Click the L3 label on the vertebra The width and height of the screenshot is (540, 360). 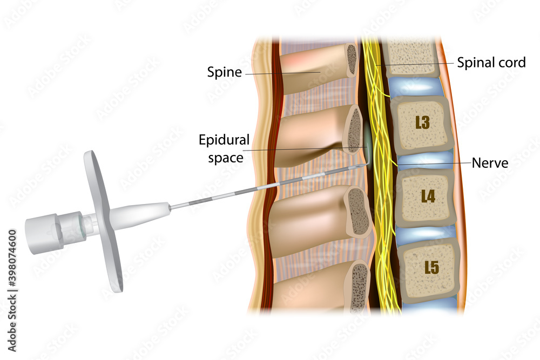pyautogui.click(x=422, y=123)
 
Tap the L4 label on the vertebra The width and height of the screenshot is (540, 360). pyautogui.click(x=427, y=196)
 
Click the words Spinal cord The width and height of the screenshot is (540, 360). pyautogui.click(x=491, y=63)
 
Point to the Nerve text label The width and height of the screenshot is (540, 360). pyautogui.click(x=490, y=162)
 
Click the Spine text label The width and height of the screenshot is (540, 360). pyautogui.click(x=224, y=72)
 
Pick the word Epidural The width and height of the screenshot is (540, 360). pyautogui.click(x=224, y=140)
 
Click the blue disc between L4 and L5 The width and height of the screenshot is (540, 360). pyautogui.click(x=427, y=233)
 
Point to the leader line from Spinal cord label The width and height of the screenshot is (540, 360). pyautogui.click(x=416, y=64)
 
